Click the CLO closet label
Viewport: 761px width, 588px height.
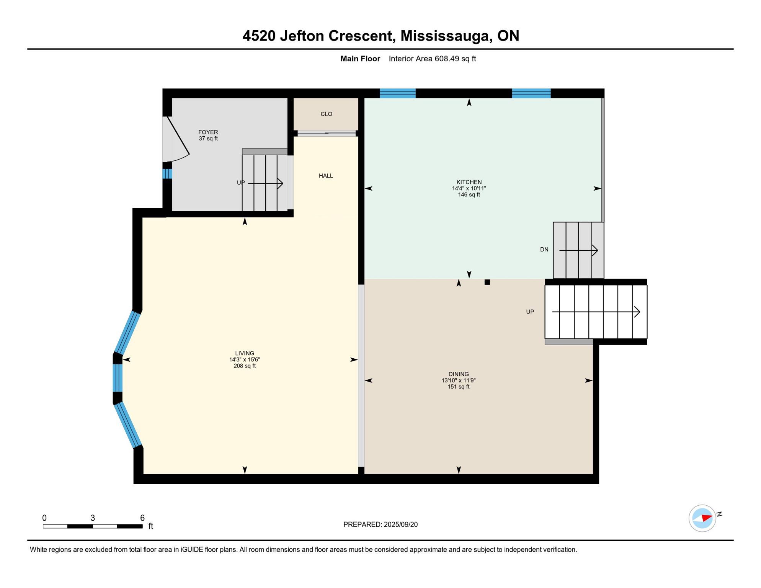pyautogui.click(x=326, y=114)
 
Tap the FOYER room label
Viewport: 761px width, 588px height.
pyautogui.click(x=208, y=132)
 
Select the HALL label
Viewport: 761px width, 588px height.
pyautogui.click(x=326, y=176)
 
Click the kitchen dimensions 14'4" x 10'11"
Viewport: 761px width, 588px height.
pyautogui.click(x=469, y=188)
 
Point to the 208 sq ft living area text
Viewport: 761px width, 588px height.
pyautogui.click(x=245, y=366)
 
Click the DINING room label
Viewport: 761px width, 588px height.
pyautogui.click(x=458, y=374)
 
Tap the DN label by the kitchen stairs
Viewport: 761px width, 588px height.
pyautogui.click(x=544, y=250)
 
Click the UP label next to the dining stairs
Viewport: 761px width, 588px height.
pyautogui.click(x=530, y=312)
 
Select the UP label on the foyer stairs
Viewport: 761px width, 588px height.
pyautogui.click(x=240, y=183)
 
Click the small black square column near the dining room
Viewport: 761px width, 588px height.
pyautogui.click(x=487, y=282)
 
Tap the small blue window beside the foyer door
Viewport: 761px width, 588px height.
pyautogui.click(x=167, y=174)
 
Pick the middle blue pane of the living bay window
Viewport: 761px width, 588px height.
pyautogui.click(x=118, y=378)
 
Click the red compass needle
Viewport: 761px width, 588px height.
pyautogui.click(x=706, y=518)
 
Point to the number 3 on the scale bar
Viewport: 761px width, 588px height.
pyautogui.click(x=93, y=518)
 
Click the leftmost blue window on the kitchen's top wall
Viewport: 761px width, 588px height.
pyautogui.click(x=397, y=93)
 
